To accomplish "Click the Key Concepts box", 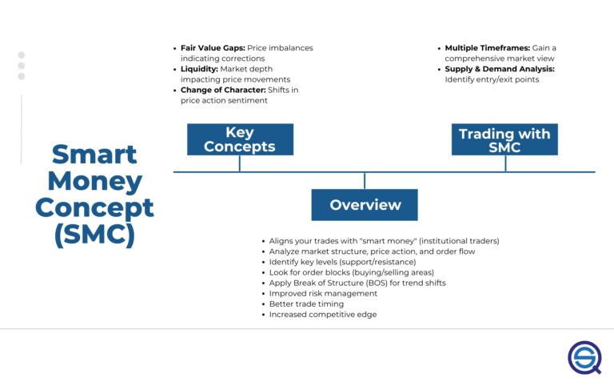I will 240,139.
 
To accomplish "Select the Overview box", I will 365,205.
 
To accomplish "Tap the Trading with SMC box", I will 504,140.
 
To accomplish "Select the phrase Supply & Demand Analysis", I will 499,69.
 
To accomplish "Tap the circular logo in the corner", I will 584,356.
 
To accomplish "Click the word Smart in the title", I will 94,154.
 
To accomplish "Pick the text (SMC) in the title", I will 94,235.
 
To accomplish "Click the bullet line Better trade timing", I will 306,304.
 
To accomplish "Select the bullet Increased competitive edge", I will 322,315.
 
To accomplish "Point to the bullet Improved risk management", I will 323,294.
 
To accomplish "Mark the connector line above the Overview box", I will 365,180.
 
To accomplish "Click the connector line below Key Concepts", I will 240,163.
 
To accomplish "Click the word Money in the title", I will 94,181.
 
